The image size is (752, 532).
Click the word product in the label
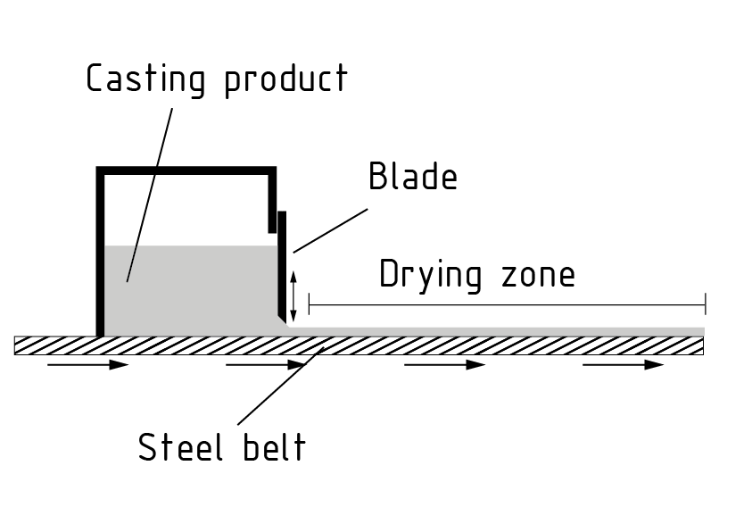[x=285, y=79]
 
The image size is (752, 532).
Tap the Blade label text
[x=413, y=177]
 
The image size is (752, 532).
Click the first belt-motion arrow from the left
[x=88, y=365]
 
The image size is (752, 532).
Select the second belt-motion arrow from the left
[x=267, y=365]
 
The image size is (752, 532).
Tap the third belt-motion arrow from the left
[x=445, y=365]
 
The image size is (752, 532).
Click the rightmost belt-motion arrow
[x=624, y=365]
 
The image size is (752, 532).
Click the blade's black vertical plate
[x=282, y=263]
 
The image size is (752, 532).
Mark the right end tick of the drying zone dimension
[x=705, y=304]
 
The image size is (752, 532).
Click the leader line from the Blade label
[x=330, y=230]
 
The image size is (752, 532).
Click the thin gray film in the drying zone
[x=500, y=331]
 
